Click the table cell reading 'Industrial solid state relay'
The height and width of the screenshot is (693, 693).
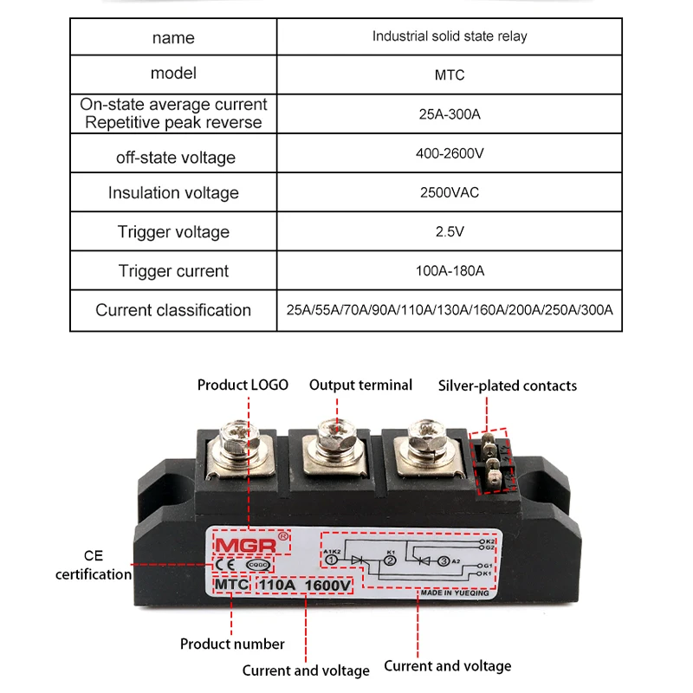pos(449,36)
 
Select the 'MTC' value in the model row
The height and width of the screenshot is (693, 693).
pos(449,74)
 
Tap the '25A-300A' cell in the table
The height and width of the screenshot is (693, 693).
pos(449,113)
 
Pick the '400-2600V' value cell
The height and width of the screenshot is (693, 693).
pos(449,153)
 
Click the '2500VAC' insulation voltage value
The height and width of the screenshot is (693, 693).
pos(449,192)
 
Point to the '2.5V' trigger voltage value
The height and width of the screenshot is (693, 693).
pos(449,231)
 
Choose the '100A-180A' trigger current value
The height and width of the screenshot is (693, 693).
pos(449,270)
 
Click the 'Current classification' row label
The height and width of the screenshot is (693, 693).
pos(173,310)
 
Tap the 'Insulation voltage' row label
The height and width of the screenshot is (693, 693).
pos(173,193)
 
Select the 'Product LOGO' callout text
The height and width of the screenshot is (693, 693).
pos(243,385)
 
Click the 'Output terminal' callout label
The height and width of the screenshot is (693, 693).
pos(360,385)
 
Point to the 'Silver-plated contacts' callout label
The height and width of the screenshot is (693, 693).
pos(507,385)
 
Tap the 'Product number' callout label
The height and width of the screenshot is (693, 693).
pos(232,644)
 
